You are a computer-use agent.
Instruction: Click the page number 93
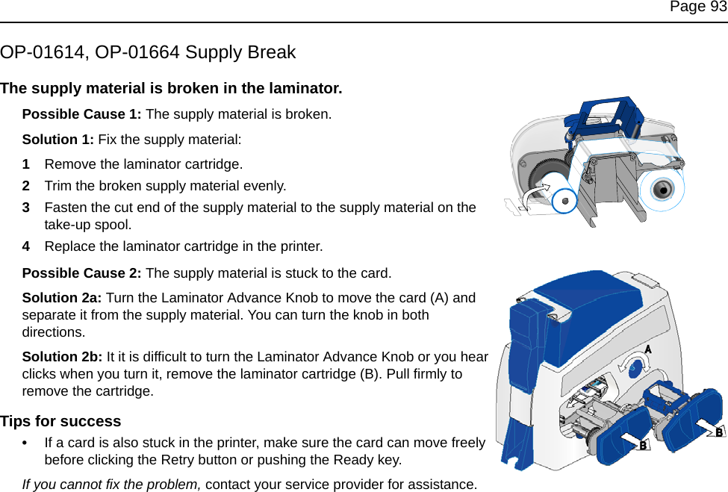tap(718, 7)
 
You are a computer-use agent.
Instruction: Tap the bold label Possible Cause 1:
tap(82, 115)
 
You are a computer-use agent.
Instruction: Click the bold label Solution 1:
tap(58, 140)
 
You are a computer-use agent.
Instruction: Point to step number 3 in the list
tap(26, 208)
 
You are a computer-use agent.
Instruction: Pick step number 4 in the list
tap(26, 246)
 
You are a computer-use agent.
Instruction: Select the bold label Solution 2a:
tap(64, 298)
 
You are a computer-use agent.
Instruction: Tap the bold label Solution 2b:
tap(64, 357)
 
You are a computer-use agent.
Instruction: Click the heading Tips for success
tap(60, 422)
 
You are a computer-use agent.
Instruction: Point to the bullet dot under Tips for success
tap(27, 443)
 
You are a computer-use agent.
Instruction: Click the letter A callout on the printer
tap(648, 349)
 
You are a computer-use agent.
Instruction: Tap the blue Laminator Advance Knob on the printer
tap(635, 367)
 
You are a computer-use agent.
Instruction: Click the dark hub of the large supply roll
tap(662, 189)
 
